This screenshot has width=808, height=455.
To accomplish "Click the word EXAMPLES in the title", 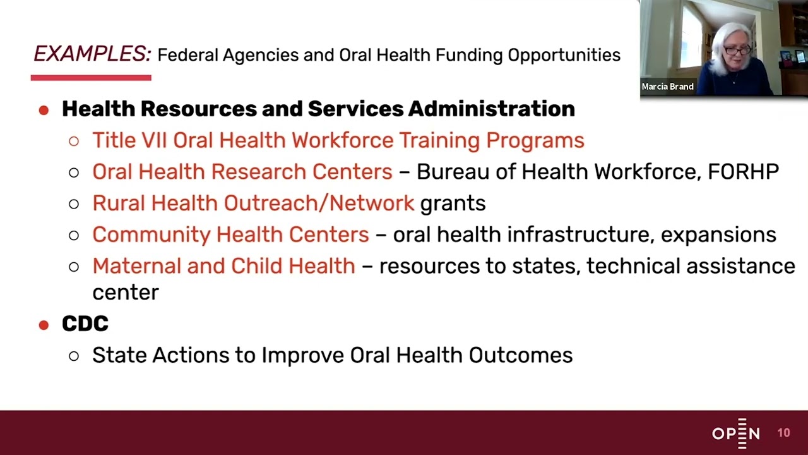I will tap(92, 54).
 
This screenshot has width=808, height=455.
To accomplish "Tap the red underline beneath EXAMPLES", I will tap(91, 78).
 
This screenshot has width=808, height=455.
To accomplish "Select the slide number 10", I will tap(783, 433).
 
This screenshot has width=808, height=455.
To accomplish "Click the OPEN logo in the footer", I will tap(736, 433).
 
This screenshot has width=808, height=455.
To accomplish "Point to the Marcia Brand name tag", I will tap(667, 87).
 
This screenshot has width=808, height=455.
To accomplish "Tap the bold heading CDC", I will tap(85, 324).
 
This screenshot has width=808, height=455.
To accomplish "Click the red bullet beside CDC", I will tap(44, 325).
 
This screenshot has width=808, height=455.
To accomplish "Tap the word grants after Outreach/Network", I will tap(453, 203).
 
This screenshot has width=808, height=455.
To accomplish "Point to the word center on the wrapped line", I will tap(125, 293).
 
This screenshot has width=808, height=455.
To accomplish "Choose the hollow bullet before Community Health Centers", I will tap(74, 235).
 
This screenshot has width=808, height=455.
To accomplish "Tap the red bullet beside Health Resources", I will tap(44, 110).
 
